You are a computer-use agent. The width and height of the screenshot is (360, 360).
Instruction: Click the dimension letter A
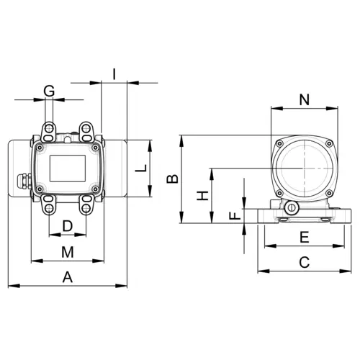tap(68, 276)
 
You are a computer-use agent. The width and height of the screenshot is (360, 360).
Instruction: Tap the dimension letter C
tap(304, 262)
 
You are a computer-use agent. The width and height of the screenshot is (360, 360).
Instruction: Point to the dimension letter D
tap(68, 226)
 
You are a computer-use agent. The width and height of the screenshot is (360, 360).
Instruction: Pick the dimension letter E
tap(304, 237)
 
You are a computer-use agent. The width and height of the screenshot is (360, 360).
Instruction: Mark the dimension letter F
tap(233, 215)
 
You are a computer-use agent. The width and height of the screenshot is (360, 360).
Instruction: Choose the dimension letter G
tap(49, 91)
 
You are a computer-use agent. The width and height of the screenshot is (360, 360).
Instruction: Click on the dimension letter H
tap(204, 195)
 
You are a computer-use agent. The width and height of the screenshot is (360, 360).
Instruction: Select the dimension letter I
tap(114, 73)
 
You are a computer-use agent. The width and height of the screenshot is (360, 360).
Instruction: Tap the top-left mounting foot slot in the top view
tap(49, 132)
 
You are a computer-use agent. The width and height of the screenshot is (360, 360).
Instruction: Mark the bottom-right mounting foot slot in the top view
tap(87, 207)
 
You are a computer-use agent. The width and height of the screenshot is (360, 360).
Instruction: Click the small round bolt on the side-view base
tap(291, 209)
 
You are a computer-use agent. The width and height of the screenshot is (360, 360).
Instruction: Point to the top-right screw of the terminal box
tap(95, 148)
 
